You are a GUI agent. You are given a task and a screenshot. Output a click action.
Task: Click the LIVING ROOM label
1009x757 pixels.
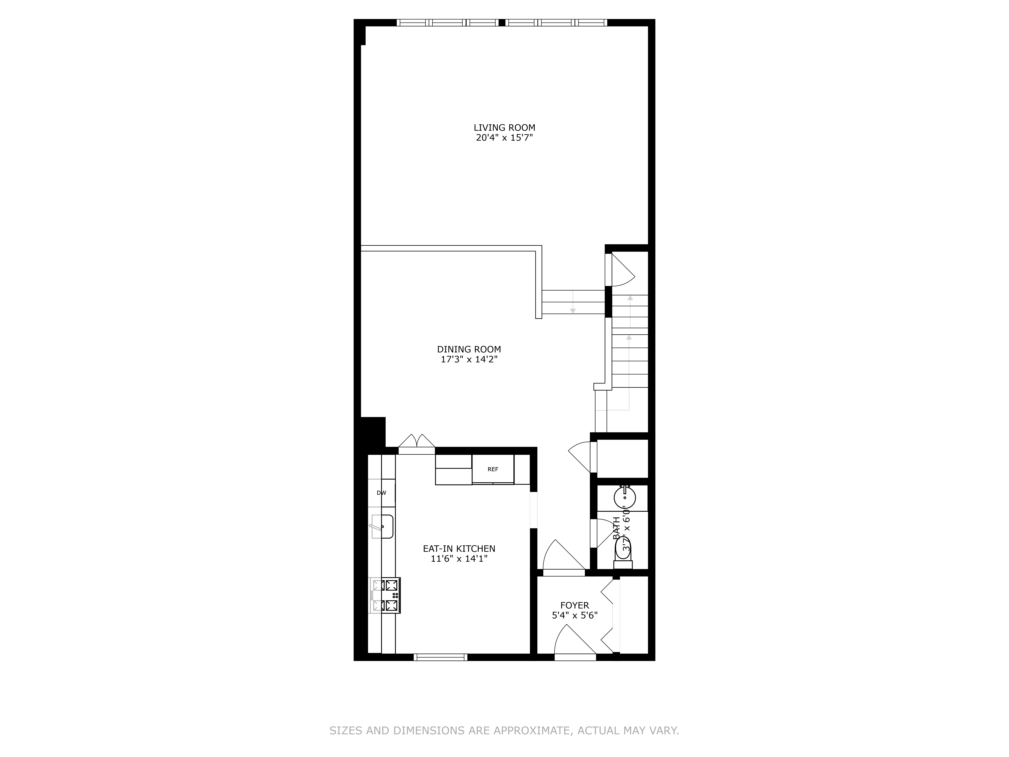504,128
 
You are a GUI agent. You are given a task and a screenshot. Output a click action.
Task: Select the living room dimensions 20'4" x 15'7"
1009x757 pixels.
504,138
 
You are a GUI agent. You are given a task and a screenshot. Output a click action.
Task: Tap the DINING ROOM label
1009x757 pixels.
469,349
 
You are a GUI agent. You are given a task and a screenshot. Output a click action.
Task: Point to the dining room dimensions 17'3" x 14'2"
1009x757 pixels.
469,359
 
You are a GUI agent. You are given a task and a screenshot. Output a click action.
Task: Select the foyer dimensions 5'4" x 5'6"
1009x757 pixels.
574,615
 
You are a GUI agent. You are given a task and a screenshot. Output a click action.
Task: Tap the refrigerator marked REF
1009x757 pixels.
493,469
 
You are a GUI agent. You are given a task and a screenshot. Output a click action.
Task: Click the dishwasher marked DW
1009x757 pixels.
381,493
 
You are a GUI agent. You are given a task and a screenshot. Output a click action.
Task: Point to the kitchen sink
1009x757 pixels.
382,527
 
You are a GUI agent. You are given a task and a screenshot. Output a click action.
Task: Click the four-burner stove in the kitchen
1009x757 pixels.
385,596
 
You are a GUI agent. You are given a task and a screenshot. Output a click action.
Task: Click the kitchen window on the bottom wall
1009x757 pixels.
440,657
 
